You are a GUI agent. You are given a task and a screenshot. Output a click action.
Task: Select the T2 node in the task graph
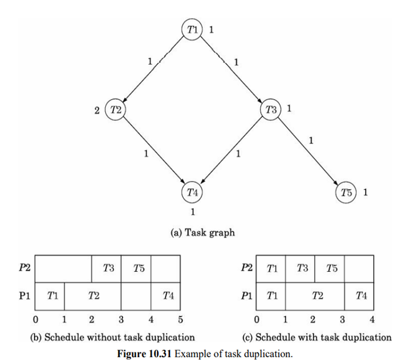coord(115,109)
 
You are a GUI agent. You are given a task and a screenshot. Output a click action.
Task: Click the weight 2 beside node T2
coord(96,110)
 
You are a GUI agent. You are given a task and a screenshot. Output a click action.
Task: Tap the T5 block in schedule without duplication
coord(137,268)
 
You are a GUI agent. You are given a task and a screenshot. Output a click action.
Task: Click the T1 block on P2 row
coord(272,268)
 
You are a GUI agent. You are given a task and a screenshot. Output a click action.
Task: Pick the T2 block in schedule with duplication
coord(316,296)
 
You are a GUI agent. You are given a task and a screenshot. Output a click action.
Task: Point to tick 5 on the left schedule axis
coord(180,319)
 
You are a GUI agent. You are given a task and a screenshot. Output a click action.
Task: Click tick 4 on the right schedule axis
coord(372,319)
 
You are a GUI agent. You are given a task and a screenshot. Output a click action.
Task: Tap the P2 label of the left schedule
coord(23,268)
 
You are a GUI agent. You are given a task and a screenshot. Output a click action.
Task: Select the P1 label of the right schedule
coord(245,296)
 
